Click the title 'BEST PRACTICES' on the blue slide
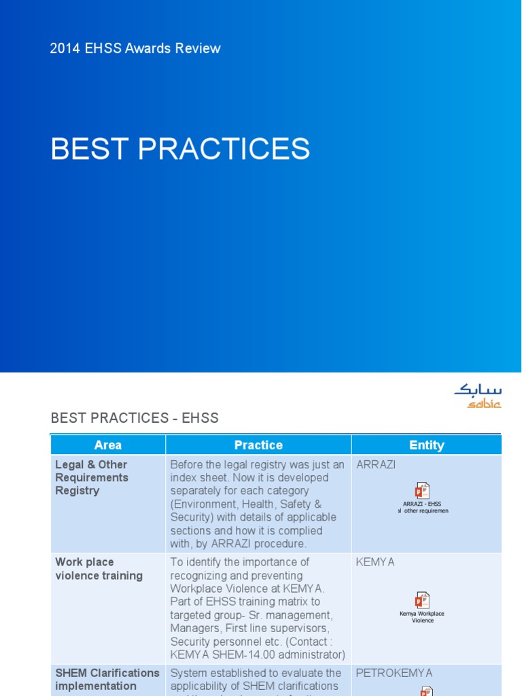180,149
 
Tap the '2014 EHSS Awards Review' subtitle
135,48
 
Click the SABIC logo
478,396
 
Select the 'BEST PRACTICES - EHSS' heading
135,417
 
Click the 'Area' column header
108,445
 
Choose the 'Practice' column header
258,445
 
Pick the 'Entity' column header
426,445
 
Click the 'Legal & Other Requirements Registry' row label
92,477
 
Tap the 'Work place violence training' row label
99,569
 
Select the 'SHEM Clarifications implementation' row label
107,679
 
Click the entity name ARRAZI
376,465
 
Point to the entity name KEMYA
375,562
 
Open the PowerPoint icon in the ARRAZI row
423,490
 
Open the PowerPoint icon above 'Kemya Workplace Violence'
423,600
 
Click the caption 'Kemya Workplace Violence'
423,616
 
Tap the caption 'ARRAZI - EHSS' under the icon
423,504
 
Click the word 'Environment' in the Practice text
205,504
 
